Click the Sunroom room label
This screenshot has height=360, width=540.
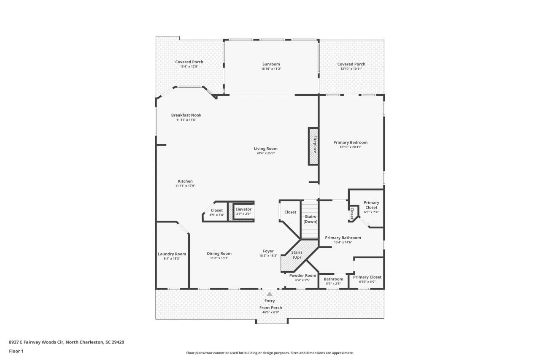[271, 64]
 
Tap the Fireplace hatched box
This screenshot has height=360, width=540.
[313, 146]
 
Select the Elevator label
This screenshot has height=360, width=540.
[243, 209]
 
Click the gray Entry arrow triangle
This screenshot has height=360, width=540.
[270, 294]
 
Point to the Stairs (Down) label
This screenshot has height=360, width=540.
[310, 219]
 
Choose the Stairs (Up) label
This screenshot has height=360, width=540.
[297, 254]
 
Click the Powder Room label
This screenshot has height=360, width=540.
[302, 275]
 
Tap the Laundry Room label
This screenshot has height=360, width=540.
[172, 254]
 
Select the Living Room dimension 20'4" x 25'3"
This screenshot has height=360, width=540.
[266, 153]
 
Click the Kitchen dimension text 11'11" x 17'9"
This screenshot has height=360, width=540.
[185, 186]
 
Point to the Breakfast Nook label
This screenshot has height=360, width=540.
[186, 115]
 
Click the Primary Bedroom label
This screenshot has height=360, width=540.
[351, 142]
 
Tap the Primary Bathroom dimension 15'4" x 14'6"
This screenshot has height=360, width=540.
[343, 242]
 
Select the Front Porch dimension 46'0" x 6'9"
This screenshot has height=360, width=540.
[271, 312]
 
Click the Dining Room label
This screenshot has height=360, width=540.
[219, 253]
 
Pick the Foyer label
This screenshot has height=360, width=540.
[268, 251]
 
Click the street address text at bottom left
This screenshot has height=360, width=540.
[67, 342]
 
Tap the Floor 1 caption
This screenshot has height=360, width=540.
[16, 351]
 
